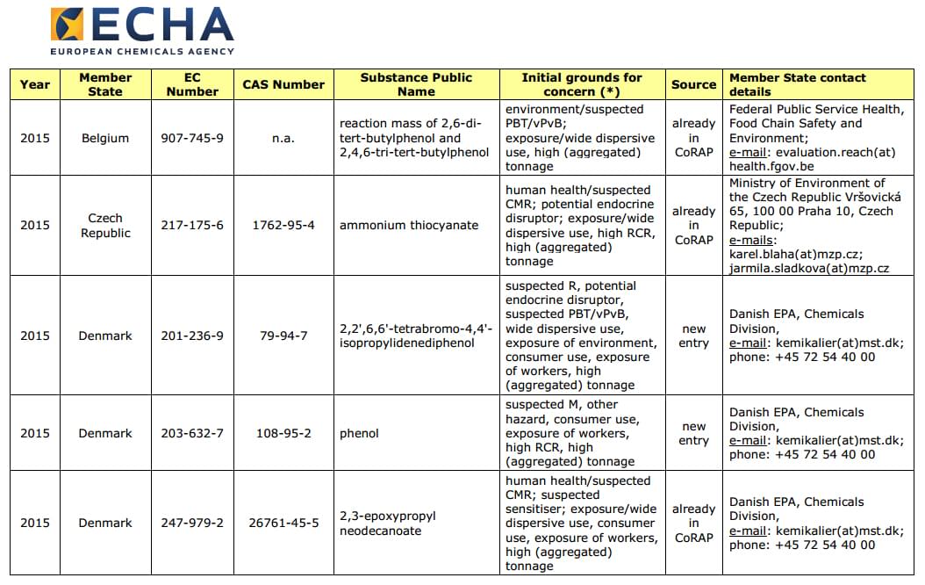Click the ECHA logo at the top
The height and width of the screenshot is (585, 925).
click(x=142, y=31)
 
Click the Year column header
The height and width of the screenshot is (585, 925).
click(x=35, y=84)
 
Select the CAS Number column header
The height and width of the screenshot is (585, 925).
click(x=283, y=84)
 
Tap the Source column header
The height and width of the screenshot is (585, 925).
click(x=693, y=84)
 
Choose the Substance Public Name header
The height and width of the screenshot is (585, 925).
click(x=416, y=84)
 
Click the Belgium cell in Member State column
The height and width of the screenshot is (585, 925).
click(x=105, y=138)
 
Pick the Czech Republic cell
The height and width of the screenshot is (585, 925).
click(x=105, y=225)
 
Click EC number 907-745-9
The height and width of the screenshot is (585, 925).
click(x=192, y=138)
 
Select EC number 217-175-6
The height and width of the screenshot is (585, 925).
click(x=192, y=225)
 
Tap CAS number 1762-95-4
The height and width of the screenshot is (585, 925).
click(x=283, y=225)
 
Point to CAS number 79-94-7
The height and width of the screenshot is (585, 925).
click(x=283, y=336)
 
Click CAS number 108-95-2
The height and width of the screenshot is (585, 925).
click(x=283, y=433)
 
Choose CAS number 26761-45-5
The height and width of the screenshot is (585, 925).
click(x=283, y=523)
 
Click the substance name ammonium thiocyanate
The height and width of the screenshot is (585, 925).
click(x=409, y=225)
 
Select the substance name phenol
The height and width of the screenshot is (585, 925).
click(x=359, y=433)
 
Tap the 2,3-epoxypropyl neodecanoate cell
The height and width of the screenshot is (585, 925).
click(x=388, y=523)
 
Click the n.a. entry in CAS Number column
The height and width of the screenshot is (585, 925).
click(x=283, y=138)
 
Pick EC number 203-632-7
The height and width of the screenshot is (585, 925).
click(x=192, y=433)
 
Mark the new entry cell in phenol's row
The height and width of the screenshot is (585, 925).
click(x=693, y=433)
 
